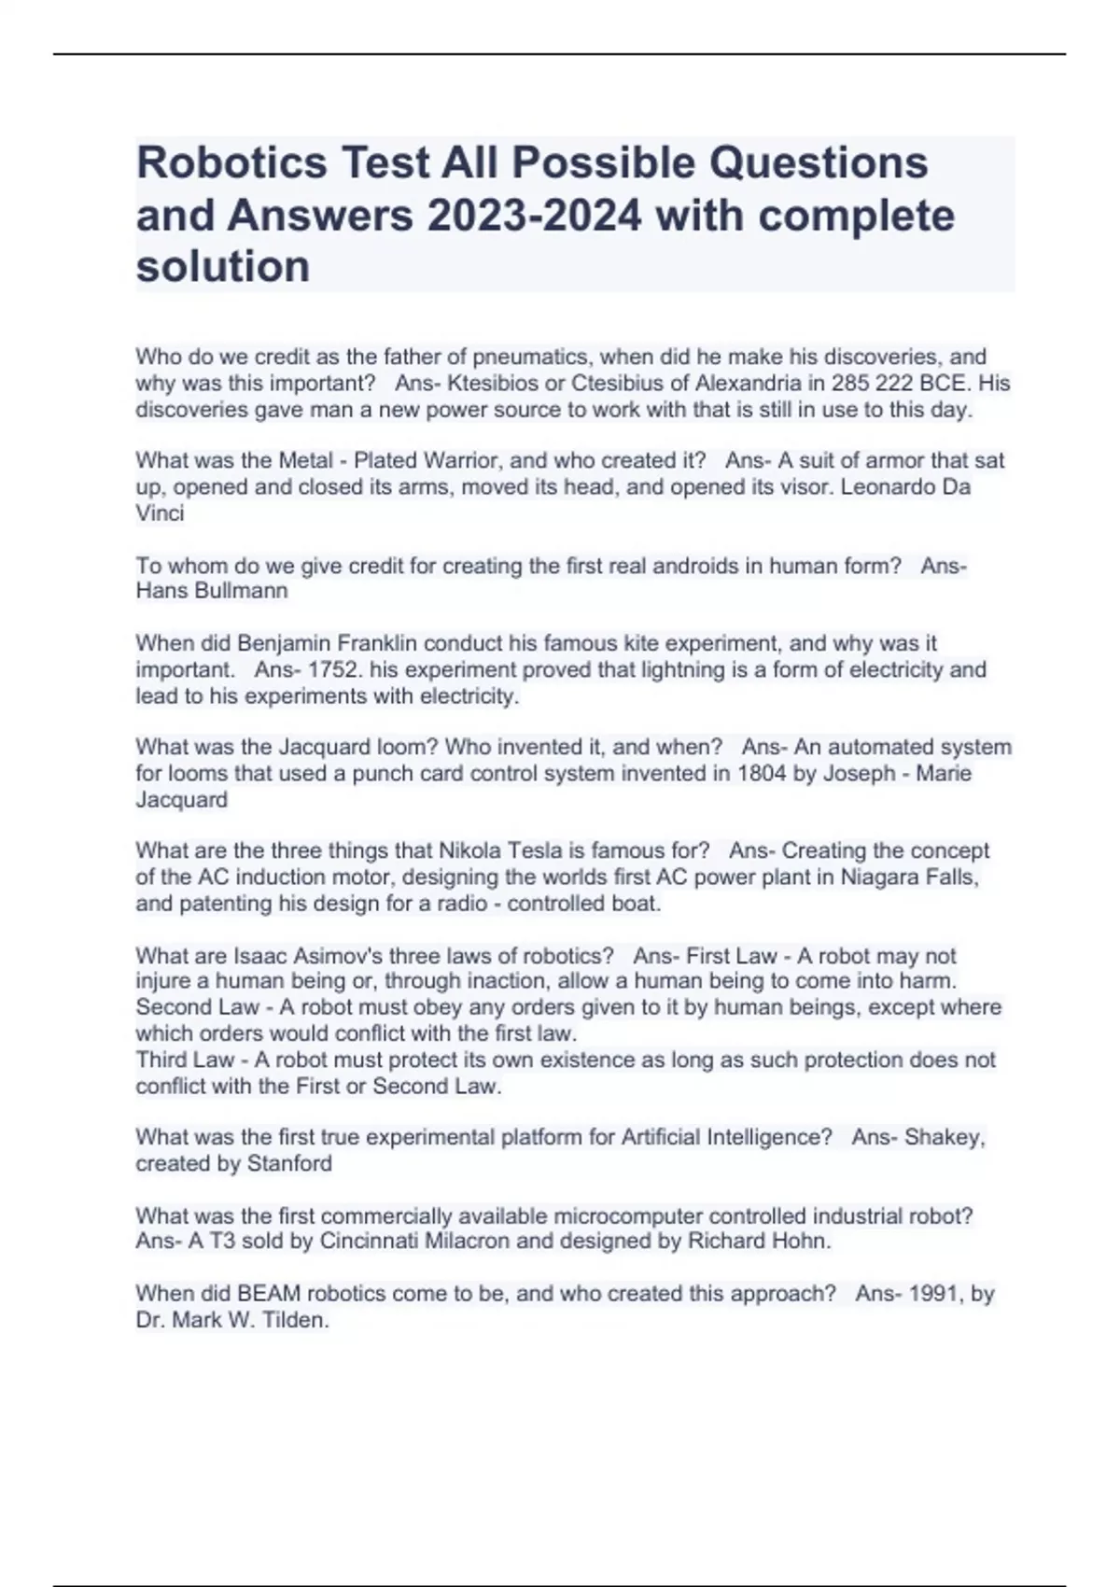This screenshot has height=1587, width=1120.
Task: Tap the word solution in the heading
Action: tap(223, 267)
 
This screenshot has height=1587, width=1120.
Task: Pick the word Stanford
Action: tap(289, 1164)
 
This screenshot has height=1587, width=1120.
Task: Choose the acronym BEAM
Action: tap(269, 1294)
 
